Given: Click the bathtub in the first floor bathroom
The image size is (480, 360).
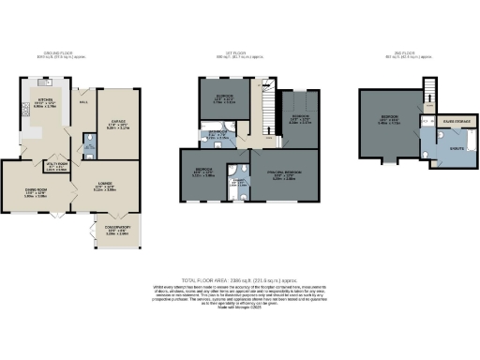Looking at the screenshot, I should coord(222,143).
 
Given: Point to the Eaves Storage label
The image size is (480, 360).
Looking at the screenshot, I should coord(442,122).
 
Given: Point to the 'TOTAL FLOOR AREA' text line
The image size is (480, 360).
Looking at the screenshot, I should coord(239,278).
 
